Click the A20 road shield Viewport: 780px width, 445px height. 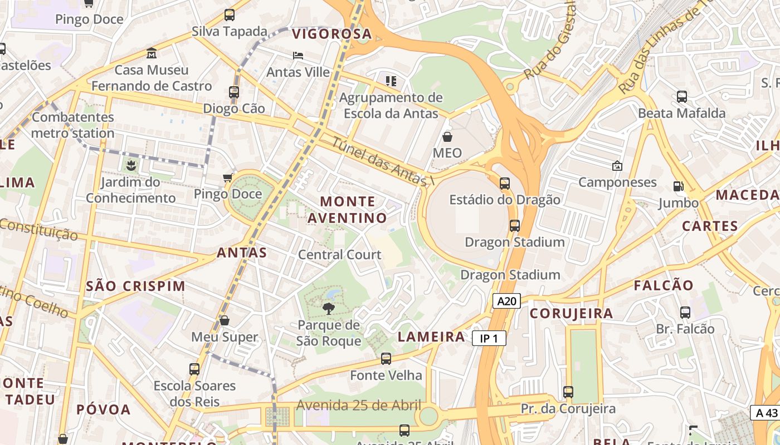click(506, 301)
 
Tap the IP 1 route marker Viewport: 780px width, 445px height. click(489, 338)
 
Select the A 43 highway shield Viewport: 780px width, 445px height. click(765, 413)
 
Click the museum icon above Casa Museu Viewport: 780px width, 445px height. click(152, 53)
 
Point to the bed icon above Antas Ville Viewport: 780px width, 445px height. click(298, 56)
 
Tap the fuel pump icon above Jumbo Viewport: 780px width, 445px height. click(678, 186)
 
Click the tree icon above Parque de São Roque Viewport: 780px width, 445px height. click(329, 308)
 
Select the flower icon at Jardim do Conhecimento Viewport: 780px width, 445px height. click(131, 165)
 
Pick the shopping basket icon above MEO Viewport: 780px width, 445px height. click(447, 136)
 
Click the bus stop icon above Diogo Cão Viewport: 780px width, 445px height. click(234, 92)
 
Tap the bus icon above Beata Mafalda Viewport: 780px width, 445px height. click(682, 97)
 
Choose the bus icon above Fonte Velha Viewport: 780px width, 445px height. click(386, 359)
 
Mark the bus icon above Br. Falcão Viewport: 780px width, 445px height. click(685, 313)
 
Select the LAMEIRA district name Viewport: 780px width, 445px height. click(431, 337)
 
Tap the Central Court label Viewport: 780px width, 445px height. click(340, 255)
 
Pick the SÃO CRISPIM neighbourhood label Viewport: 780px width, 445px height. click(136, 286)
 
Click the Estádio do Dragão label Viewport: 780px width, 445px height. click(505, 200)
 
